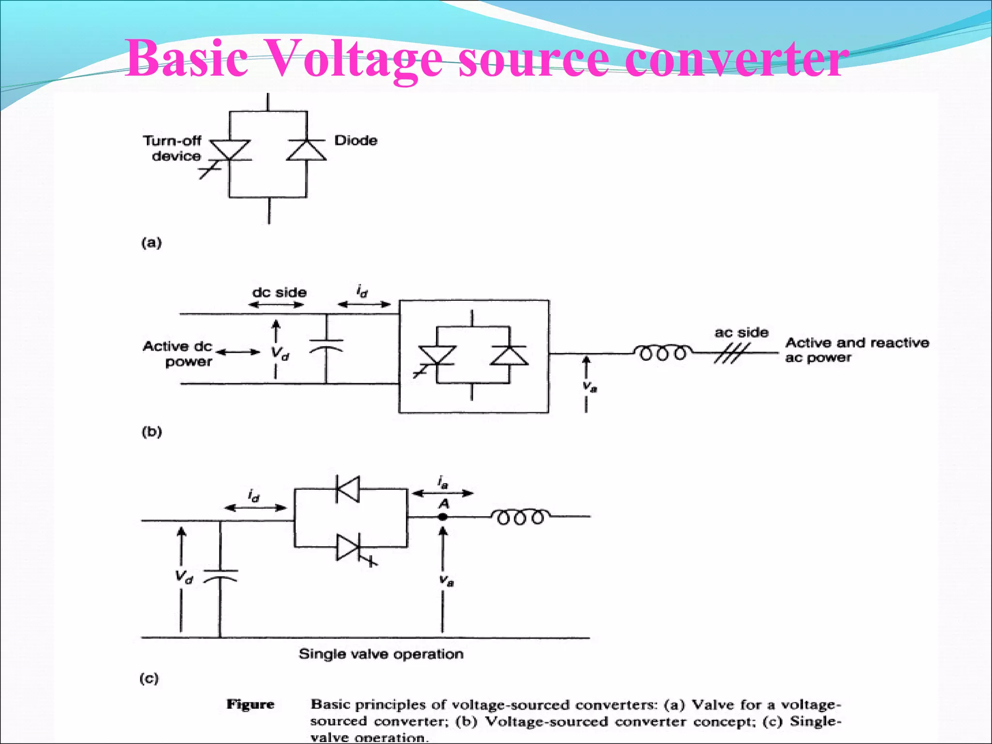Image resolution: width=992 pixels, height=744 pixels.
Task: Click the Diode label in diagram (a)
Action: click(x=356, y=140)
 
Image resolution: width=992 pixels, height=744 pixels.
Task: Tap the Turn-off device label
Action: click(x=173, y=148)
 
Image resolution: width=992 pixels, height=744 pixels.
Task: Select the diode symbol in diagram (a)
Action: click(x=306, y=150)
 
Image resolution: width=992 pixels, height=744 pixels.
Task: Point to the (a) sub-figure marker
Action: click(x=151, y=242)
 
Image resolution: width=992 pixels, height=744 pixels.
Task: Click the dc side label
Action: click(x=279, y=293)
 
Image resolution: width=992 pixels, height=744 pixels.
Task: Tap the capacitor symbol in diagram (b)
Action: click(x=326, y=344)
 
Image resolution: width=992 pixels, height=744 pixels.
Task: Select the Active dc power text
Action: click(x=178, y=354)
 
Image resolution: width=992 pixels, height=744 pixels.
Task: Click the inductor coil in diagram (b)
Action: click(x=663, y=353)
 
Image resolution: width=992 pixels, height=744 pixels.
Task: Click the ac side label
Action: click(x=741, y=333)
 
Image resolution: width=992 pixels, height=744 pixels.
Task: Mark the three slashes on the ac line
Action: click(x=731, y=353)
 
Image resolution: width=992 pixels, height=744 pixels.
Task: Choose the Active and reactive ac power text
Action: click(x=856, y=350)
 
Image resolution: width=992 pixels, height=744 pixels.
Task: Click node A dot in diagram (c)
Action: click(x=443, y=517)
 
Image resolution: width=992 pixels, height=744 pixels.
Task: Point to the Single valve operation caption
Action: click(x=381, y=654)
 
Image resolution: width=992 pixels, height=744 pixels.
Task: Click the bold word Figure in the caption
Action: click(x=250, y=704)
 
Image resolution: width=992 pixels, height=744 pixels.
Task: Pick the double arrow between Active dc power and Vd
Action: click(x=238, y=352)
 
